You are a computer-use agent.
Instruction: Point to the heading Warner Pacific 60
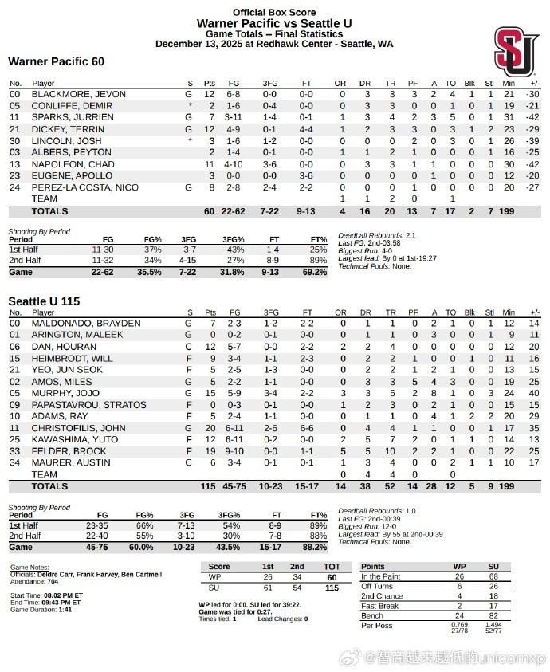[56, 61]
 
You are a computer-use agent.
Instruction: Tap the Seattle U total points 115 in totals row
[209, 485]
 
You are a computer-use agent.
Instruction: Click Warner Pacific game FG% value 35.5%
[149, 272]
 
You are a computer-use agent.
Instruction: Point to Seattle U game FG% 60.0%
[149, 546]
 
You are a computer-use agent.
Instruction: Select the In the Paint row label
[382, 576]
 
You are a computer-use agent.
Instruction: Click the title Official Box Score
[274, 12]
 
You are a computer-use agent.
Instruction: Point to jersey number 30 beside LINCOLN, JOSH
[14, 140]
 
